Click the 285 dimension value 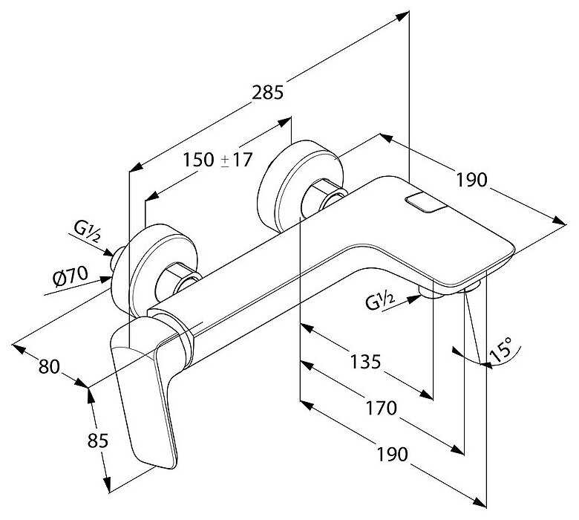(269, 92)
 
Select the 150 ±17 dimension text (217, 159)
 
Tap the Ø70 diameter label (71, 277)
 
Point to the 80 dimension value (49, 365)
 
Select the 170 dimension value (379, 408)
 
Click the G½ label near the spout (379, 301)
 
